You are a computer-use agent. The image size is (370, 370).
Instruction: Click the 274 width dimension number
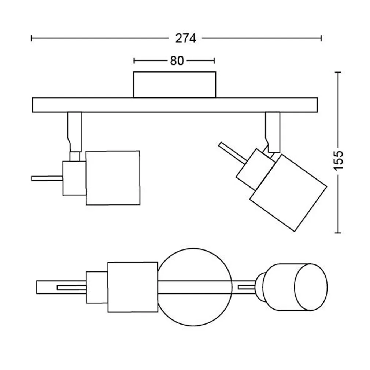pos(185,38)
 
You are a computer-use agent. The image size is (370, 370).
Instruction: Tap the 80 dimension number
pos(177,61)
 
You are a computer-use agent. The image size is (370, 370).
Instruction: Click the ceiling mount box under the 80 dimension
pos(174,85)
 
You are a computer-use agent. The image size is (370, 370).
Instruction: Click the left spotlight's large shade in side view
pos(112,178)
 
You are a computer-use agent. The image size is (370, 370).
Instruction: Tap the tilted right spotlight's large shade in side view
pos(288,192)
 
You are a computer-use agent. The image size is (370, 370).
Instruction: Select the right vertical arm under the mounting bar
pos(273,130)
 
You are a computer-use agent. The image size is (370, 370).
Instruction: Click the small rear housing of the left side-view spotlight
pos(74,178)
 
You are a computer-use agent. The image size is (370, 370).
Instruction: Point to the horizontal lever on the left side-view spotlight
pos(47,178)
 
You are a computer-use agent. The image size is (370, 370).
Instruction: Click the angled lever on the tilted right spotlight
pos(232,153)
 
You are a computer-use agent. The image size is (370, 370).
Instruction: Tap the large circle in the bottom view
pos(196,287)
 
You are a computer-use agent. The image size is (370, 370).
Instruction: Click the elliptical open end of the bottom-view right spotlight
pos(311,287)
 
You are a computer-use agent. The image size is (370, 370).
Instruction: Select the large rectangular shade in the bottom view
pos(133,287)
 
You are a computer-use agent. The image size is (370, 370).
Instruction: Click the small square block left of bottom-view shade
pos(97,287)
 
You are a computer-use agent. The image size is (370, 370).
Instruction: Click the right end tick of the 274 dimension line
pos(321,38)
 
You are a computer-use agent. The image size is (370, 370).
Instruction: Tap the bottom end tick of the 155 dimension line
pos(338,232)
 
